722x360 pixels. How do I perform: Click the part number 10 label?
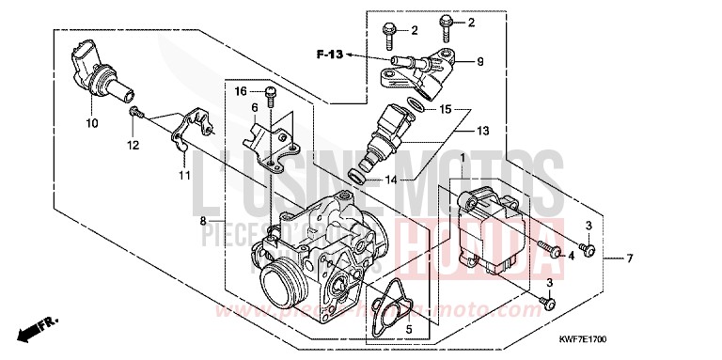click(92, 123)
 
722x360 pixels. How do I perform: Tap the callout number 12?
click(133, 145)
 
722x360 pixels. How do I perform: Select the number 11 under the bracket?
click(183, 175)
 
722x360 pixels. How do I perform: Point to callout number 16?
click(241, 91)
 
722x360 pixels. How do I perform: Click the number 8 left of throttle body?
click(202, 221)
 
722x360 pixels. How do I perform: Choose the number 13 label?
click(483, 130)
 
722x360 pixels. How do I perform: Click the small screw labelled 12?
click(137, 114)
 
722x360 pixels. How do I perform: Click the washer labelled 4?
click(555, 253)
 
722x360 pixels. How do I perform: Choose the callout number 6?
click(253, 108)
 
